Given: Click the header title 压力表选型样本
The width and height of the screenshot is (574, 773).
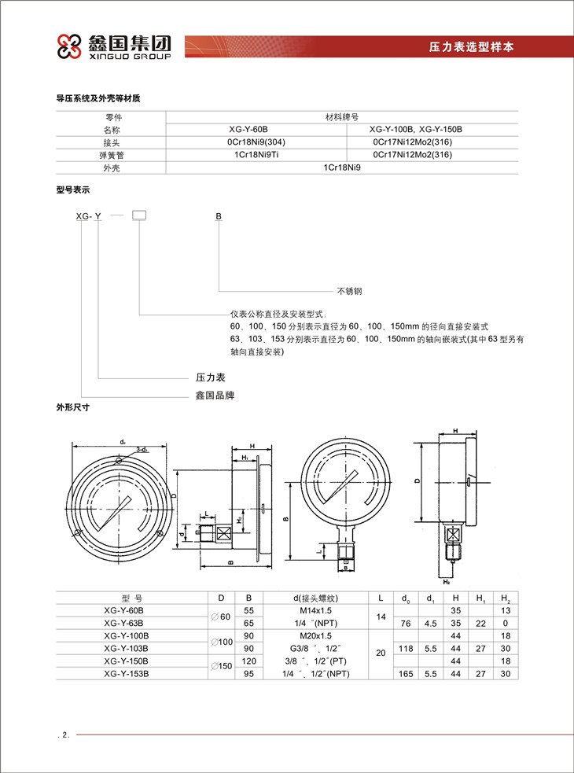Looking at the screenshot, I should [x=471, y=46].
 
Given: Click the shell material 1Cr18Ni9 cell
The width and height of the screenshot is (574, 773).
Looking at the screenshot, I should [x=341, y=168].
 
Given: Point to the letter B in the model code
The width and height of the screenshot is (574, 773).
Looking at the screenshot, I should [x=219, y=215].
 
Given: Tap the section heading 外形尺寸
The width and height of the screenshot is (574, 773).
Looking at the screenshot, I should [x=72, y=408].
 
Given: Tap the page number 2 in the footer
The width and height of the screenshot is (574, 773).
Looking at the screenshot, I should [x=65, y=735].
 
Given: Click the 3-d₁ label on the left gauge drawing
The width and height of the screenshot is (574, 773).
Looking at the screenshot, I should [x=142, y=448].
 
